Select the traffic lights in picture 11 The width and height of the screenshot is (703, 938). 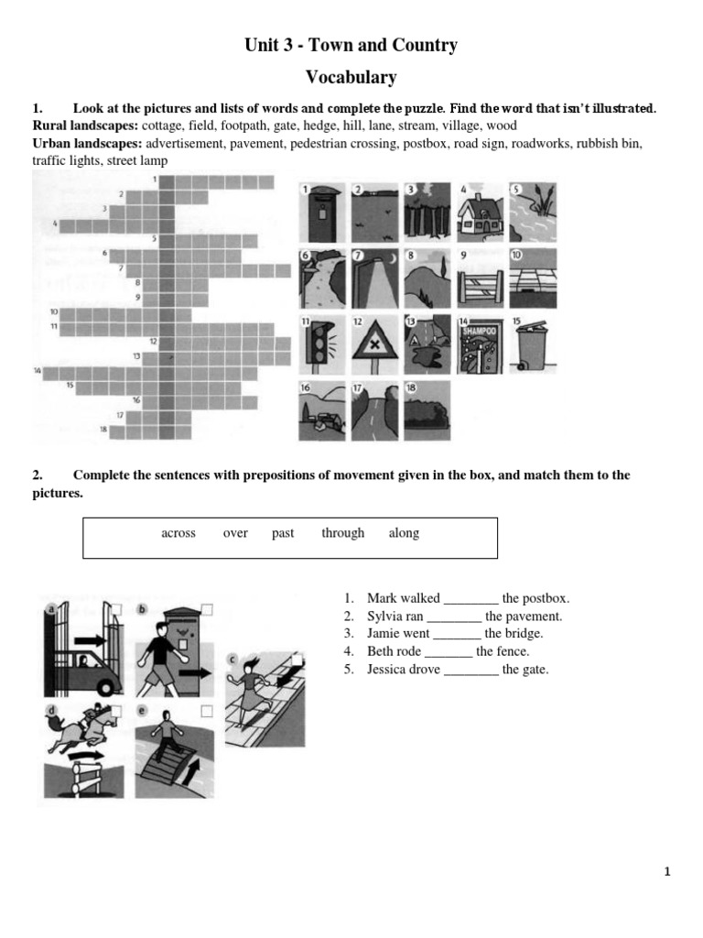(x=316, y=345)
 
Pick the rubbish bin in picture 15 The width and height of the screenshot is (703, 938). (x=532, y=349)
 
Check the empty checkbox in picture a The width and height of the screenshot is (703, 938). (x=116, y=609)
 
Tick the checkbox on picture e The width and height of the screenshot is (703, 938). (x=207, y=711)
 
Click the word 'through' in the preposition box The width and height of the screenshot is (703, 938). (x=342, y=533)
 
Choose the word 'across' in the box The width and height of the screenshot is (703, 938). (x=178, y=533)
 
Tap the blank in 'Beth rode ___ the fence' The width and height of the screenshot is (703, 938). (x=448, y=652)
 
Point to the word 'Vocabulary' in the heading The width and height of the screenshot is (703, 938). (x=351, y=77)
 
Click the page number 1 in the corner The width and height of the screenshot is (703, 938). (x=667, y=872)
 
